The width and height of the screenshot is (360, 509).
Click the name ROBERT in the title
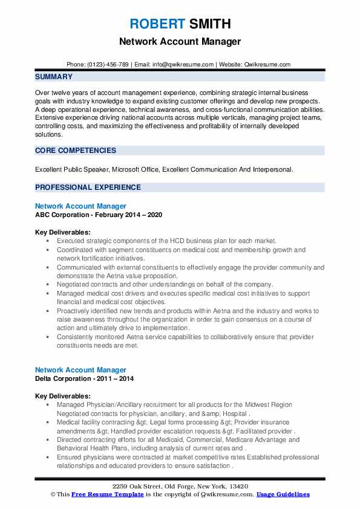click(x=157, y=24)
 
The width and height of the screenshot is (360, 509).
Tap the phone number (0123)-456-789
click(x=111, y=64)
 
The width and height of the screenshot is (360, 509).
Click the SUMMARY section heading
click(x=54, y=77)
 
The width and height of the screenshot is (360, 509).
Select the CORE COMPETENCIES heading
click(x=76, y=151)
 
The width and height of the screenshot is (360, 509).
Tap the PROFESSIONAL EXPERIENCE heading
click(x=89, y=187)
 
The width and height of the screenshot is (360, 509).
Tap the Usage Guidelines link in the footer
click(x=283, y=494)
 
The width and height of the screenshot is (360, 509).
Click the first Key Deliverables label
click(x=63, y=232)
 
